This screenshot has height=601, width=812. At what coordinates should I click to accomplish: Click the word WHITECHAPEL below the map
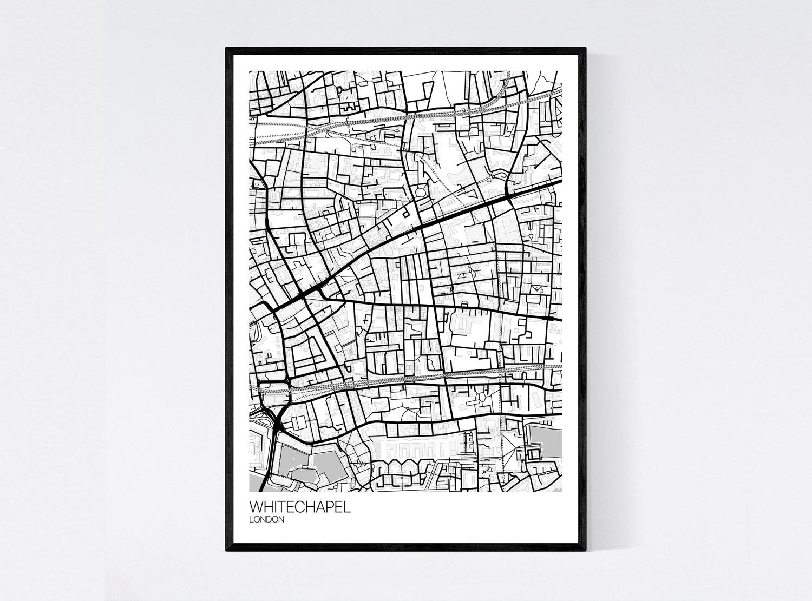coord(299,508)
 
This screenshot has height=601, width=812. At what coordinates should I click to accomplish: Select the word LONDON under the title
coord(266,520)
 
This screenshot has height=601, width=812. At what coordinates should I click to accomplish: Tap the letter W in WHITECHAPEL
coord(256,508)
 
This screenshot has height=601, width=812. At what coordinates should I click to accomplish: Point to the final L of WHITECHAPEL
coord(347,508)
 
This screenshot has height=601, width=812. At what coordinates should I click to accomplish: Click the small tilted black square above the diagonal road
coord(403,208)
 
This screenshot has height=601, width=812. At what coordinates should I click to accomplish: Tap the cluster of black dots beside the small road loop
coord(492,176)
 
